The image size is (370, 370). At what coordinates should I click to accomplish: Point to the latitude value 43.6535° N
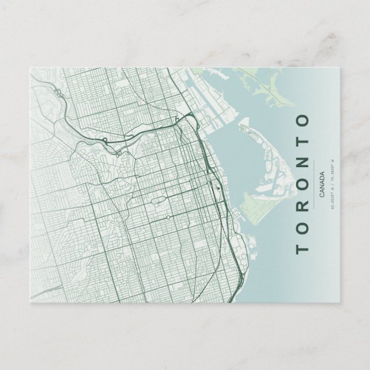coord(333,201)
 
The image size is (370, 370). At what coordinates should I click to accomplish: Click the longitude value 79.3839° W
coord(333,169)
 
